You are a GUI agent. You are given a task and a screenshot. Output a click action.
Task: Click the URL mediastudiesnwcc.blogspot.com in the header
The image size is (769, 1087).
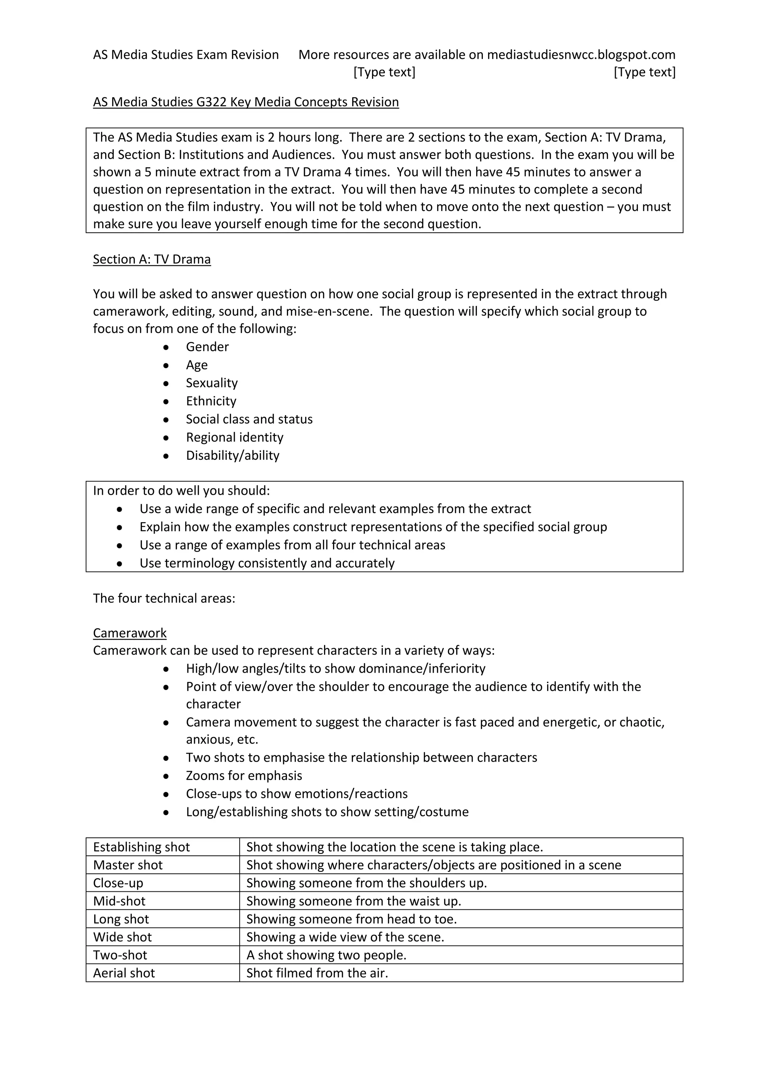(x=581, y=55)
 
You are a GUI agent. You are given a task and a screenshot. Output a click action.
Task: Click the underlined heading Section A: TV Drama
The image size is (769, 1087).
(x=152, y=259)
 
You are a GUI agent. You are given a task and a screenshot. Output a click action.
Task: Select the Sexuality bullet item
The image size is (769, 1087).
(x=212, y=383)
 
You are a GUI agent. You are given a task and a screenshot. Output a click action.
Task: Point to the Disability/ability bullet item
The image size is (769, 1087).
(x=232, y=455)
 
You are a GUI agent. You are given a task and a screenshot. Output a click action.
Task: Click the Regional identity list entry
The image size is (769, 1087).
(x=234, y=437)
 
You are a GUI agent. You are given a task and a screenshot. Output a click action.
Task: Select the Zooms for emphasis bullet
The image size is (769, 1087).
(x=244, y=775)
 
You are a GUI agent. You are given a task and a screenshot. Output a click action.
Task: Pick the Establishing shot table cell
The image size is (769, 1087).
(x=141, y=847)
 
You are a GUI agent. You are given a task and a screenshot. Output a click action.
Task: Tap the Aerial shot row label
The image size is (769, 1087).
(x=124, y=973)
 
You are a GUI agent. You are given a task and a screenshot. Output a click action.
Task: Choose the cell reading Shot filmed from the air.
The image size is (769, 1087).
(x=317, y=973)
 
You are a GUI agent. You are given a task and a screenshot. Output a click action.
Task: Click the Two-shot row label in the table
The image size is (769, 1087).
(x=120, y=955)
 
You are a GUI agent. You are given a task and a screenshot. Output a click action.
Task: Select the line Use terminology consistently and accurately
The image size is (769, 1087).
(x=267, y=563)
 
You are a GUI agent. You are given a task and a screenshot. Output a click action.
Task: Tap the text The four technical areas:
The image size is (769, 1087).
(x=164, y=598)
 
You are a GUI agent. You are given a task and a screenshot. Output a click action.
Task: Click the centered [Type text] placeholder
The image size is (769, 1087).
(x=384, y=72)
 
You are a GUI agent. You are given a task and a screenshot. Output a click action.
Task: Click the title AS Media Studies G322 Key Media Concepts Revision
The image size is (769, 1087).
(x=246, y=102)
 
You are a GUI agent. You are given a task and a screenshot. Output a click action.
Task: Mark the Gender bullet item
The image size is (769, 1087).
(x=207, y=347)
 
